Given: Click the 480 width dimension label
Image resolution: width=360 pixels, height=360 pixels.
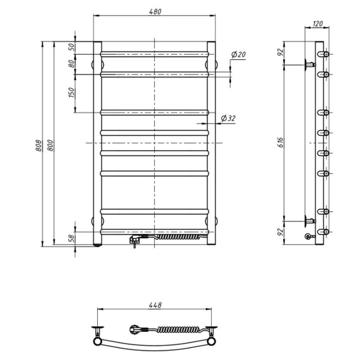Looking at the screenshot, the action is pyautogui.click(x=155, y=11).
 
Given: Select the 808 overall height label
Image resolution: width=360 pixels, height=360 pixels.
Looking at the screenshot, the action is pyautogui.click(x=38, y=146).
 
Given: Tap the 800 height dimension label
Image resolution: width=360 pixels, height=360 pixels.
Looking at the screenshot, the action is pyautogui.click(x=50, y=145).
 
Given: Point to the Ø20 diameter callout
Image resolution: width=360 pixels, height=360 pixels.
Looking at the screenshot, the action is pyautogui.click(x=239, y=55).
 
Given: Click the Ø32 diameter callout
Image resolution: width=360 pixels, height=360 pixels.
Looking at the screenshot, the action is pyautogui.click(x=228, y=118).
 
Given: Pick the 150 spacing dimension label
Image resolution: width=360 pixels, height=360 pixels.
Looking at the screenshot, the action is pyautogui.click(x=71, y=92).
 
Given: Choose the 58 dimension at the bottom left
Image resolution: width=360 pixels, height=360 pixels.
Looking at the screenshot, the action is pyautogui.click(x=72, y=238).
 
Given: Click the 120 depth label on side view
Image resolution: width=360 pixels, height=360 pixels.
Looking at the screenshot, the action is pyautogui.click(x=318, y=23).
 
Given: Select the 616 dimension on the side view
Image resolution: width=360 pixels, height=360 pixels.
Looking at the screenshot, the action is pyautogui.click(x=281, y=143).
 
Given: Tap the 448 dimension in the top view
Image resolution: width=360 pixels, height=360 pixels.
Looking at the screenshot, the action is pyautogui.click(x=155, y=305).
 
